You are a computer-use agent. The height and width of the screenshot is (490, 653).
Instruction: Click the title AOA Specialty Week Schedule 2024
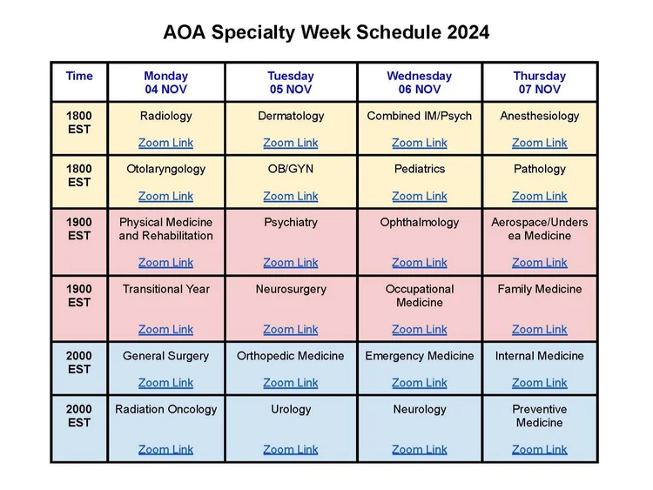326,33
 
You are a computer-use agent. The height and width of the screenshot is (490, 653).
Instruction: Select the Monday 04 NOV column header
165,83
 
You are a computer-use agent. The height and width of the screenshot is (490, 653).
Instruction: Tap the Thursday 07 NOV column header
539,83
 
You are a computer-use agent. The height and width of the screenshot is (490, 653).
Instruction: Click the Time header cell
79,76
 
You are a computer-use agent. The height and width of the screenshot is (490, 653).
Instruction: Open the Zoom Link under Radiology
165,143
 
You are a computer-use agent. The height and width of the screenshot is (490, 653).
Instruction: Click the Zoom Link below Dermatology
291,143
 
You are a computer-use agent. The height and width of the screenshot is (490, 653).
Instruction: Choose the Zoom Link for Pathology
539,196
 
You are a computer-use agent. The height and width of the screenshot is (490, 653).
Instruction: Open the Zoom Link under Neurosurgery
291,329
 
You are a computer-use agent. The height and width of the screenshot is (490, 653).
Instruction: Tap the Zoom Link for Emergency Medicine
420,382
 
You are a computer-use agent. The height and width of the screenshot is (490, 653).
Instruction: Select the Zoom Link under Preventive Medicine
539,449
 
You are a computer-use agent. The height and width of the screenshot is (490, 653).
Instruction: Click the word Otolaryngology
165,169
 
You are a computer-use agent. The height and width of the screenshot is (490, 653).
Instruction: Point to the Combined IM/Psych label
420,116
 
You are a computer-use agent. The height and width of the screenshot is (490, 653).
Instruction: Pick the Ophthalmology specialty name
420,222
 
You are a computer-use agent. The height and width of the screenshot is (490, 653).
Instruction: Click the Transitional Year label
165,289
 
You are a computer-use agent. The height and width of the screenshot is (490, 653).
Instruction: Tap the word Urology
291,409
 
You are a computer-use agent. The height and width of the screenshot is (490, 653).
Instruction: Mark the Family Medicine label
539,289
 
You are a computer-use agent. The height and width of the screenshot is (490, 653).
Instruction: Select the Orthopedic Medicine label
291,356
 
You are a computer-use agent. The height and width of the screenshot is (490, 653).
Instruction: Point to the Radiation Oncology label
165,409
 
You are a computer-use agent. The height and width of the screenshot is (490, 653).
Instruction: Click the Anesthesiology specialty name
539,116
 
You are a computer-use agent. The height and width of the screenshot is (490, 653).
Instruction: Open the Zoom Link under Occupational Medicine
420,329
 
